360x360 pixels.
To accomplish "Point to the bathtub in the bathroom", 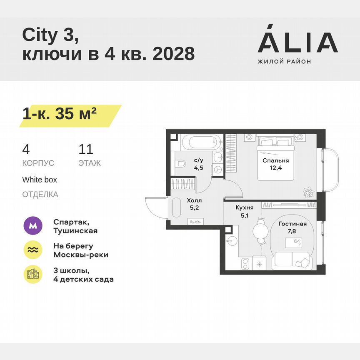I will (201, 142).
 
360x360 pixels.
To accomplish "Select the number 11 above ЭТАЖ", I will (85, 150).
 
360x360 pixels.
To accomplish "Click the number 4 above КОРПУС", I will (26, 150).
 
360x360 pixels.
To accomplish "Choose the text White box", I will (40, 180).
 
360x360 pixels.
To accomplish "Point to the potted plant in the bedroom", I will (308, 192).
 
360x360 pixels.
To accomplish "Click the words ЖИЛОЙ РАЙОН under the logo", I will (284, 62).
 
